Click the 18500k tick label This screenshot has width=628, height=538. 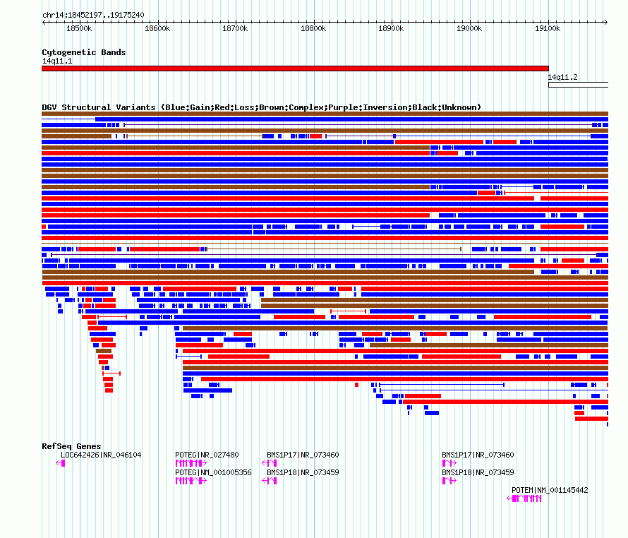pos(79,28)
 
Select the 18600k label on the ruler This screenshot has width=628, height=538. pos(157,28)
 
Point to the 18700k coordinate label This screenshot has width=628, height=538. pos(235,28)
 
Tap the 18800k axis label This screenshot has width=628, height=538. pos(313,28)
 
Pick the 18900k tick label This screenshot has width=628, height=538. pos(391,28)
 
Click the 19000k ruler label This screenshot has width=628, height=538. pos(469,28)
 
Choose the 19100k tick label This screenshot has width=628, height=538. pos(548,28)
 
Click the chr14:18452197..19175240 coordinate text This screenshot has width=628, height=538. pos(93,16)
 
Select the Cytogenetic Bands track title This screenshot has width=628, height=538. pos(84,52)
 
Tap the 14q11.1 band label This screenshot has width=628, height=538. pos(57,61)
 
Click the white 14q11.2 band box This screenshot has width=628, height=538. pos(578,85)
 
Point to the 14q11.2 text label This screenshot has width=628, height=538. pos(562,78)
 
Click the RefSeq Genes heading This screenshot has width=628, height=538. pos(71,446)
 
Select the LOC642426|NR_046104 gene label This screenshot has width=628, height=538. pos(101,455)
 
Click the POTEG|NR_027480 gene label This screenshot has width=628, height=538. pos(207,455)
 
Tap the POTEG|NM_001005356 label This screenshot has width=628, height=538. pos(213,472)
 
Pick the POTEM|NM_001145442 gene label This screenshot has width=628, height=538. pos(550,490)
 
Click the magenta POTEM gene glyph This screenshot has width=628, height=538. pos(524,498)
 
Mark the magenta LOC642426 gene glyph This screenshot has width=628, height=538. pos(61,463)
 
